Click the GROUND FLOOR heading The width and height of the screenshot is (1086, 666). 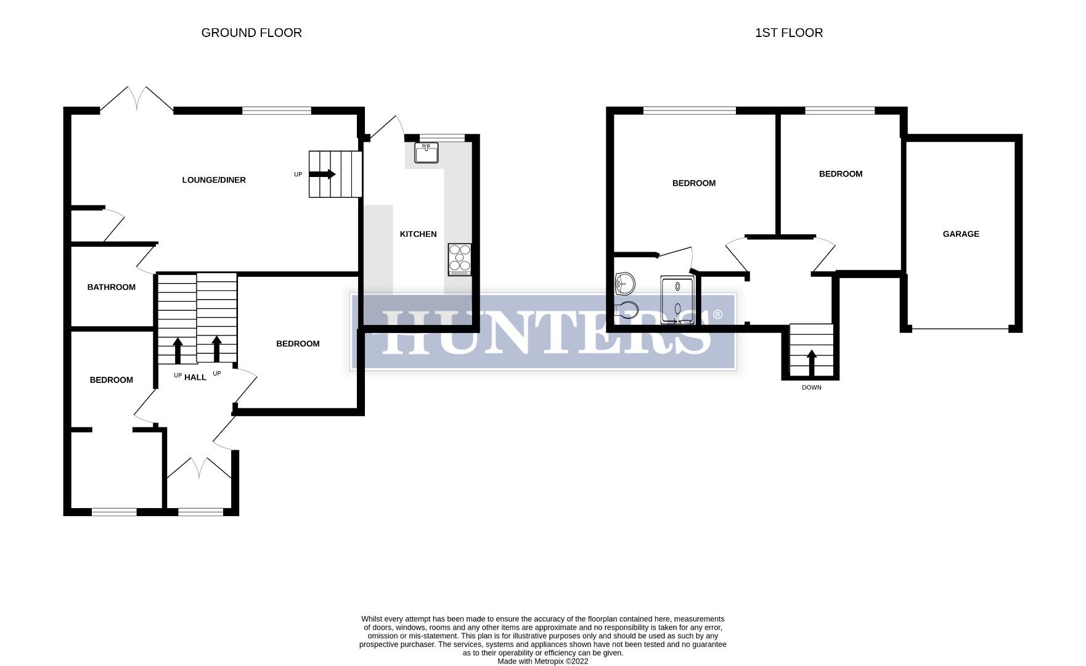click(251, 33)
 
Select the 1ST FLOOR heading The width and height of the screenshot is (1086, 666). click(789, 33)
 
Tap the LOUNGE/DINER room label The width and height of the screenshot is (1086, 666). click(214, 180)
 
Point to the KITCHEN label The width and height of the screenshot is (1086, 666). click(418, 234)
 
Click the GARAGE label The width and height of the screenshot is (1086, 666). click(960, 234)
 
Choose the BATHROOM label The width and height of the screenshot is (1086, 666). click(111, 287)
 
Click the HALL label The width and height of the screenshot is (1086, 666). click(195, 377)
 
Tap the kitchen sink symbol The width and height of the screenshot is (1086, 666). click(426, 152)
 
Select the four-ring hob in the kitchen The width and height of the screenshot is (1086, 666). click(460, 260)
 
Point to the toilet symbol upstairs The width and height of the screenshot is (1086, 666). click(626, 310)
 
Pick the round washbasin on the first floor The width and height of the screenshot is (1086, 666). click(625, 284)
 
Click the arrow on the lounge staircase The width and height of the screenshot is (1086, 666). click(322, 175)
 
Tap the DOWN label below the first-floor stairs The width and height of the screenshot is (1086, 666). click(811, 388)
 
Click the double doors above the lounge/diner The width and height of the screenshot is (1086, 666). click(137, 99)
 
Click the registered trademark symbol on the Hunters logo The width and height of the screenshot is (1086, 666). click(717, 315)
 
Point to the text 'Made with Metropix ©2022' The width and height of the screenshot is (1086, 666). click(542, 662)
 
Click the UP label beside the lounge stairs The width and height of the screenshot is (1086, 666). click(298, 175)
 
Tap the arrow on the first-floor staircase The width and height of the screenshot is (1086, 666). click(812, 363)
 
